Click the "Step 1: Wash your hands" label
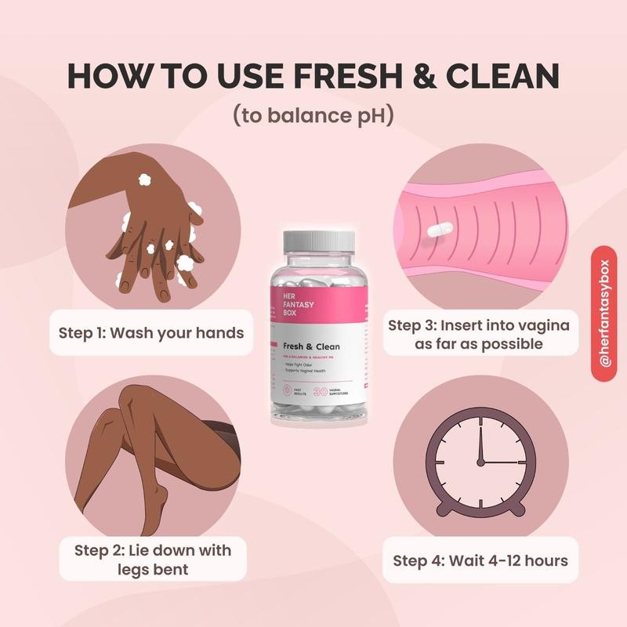click(151, 332)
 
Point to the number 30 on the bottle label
click(321, 390)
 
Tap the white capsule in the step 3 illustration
click(440, 229)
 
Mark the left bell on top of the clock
click(439, 418)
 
